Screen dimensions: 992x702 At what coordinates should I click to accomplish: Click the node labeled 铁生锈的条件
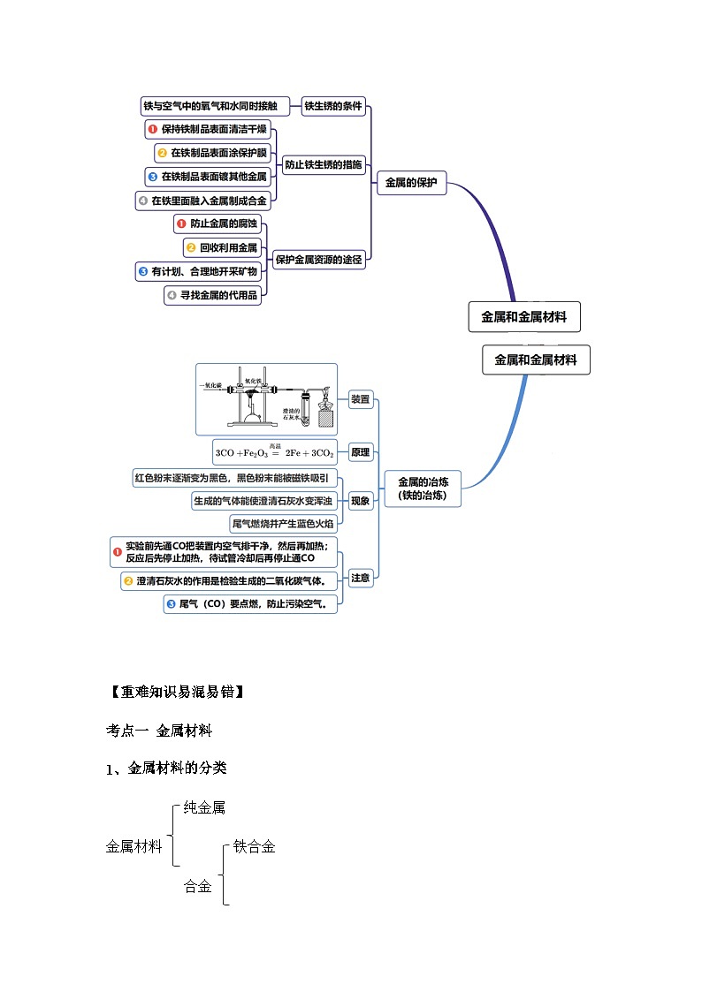[x=333, y=107]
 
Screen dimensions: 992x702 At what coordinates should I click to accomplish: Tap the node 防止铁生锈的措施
[x=324, y=165]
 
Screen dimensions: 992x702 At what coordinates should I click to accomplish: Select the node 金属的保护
[x=412, y=185]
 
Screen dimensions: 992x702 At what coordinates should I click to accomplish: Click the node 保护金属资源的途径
[x=318, y=261]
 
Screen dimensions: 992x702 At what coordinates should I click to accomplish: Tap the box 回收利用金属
[x=223, y=247]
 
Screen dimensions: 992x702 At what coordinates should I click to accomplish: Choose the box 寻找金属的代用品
[x=213, y=296]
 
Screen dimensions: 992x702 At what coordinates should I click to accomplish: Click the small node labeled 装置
[x=361, y=399]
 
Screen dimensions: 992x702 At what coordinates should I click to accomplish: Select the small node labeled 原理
[x=361, y=452]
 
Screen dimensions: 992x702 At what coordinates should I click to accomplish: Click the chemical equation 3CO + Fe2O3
[x=275, y=452]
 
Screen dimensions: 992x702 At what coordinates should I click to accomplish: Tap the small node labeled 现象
[x=361, y=501]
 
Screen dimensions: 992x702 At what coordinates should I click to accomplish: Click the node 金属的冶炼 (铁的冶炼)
[x=423, y=488]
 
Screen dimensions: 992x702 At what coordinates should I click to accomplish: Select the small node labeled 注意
[x=361, y=579]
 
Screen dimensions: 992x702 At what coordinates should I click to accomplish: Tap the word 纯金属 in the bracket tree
[x=204, y=807]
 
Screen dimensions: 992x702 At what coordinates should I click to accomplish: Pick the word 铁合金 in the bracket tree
[x=255, y=847]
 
